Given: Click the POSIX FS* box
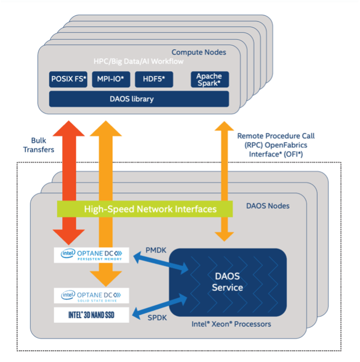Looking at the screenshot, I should click(x=69, y=79).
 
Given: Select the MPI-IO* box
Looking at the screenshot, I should click(x=111, y=79).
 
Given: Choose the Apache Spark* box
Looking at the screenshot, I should click(x=209, y=79).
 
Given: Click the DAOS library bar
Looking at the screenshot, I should click(x=139, y=99).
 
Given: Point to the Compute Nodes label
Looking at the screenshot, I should click(x=198, y=52).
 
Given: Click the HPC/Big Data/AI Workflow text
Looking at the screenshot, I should click(x=138, y=61).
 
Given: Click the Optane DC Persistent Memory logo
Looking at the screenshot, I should click(x=92, y=255).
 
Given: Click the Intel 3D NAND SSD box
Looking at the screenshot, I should click(x=92, y=315).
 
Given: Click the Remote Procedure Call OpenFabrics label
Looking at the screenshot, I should click(x=276, y=144).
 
